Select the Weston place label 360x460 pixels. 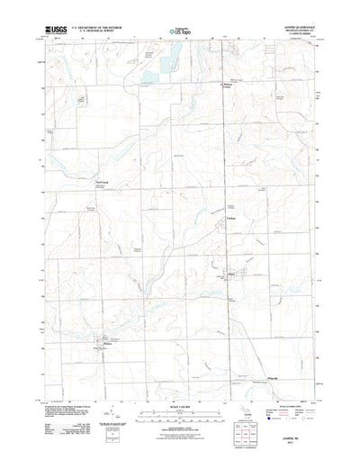click(x=106, y=342)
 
